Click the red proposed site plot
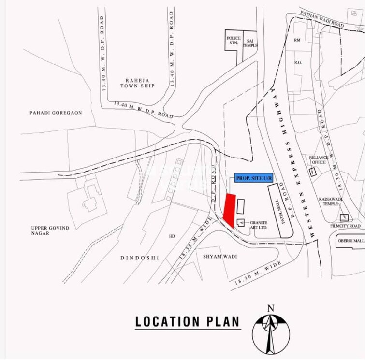[229, 208]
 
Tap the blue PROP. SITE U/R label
[254, 178]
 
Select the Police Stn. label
[234, 40]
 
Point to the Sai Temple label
[250, 43]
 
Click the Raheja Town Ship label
[140, 83]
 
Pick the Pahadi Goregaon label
[56, 113]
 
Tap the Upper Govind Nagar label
[50, 230]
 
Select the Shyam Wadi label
[220, 256]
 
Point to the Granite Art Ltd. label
[259, 225]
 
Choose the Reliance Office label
[319, 160]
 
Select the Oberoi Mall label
[351, 241]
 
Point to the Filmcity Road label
[345, 226]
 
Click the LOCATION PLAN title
[187, 321]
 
